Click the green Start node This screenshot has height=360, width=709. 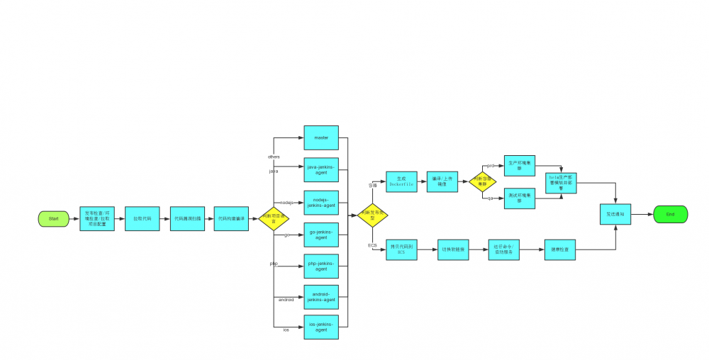54,219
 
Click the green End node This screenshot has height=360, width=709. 670,214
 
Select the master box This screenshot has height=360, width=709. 321,137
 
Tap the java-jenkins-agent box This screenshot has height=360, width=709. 321,170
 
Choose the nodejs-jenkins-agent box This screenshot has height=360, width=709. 321,203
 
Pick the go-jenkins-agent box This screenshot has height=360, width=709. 321,235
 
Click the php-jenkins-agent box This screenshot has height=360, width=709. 321,266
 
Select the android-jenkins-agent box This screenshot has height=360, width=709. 321,297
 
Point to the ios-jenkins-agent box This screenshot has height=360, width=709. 321,327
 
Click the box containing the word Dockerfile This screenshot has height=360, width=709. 401,182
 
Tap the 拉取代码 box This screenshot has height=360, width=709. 142,219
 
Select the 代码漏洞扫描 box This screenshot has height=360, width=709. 187,219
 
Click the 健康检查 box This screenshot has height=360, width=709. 560,249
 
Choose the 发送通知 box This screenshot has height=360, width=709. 615,214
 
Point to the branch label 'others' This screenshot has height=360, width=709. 274,157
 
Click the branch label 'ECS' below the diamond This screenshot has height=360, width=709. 372,245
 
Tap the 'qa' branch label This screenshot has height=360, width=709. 490,198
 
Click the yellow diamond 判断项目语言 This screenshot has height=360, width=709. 273,218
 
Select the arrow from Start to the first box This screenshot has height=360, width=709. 74,219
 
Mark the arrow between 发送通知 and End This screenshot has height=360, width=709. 642,214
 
